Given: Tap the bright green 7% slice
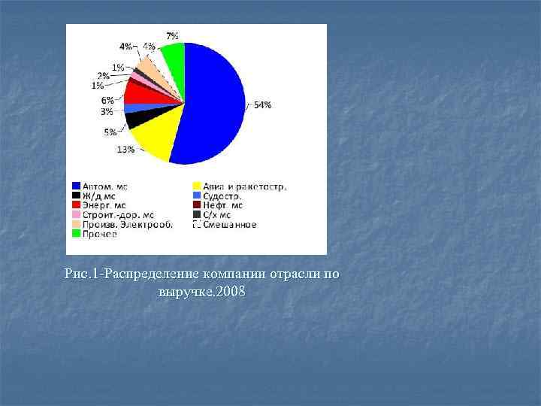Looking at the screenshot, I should pos(174,57).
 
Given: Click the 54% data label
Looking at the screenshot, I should pos(262,105).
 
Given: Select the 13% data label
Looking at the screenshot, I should pos(125,149).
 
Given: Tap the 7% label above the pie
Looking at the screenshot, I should pos(172,35).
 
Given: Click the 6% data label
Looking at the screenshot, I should pos(108,100).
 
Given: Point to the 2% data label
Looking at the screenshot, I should pos(102,76).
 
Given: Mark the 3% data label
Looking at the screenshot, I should pos(107,111).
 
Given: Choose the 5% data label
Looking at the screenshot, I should pos(110,132).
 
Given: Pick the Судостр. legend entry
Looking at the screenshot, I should pos(222,195).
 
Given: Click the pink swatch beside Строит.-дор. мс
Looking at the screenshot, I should pos(77,214).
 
